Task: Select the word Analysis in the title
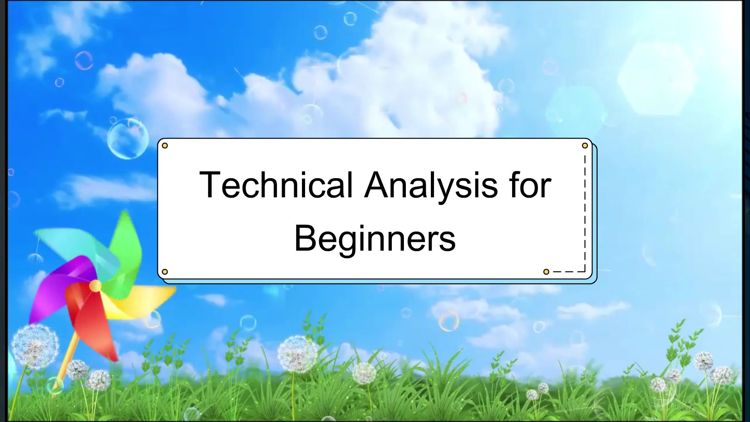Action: point(431,185)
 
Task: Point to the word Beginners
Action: point(375,238)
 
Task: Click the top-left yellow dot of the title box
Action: point(165,146)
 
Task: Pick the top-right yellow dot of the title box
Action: point(585,146)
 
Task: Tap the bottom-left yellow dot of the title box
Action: point(165,272)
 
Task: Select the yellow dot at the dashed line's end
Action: point(546,272)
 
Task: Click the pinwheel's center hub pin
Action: point(95,286)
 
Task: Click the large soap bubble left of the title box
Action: point(128,139)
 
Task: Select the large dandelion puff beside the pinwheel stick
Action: point(35,346)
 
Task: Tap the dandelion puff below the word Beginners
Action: point(298,354)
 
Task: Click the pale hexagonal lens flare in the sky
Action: point(656,78)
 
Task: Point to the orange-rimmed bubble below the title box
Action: point(449,321)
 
